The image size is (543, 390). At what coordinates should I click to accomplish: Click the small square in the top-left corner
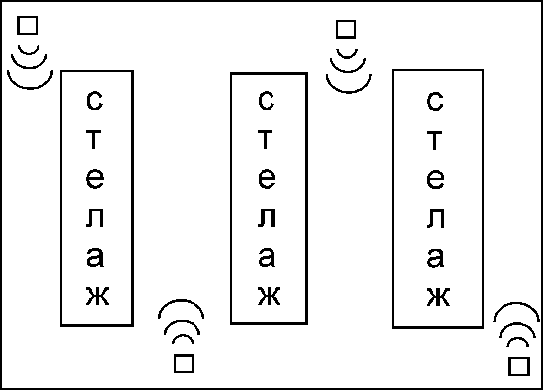(27, 26)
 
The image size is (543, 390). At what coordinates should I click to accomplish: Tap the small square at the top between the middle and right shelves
(346, 29)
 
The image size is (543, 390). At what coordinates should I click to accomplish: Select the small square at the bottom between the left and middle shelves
(184, 363)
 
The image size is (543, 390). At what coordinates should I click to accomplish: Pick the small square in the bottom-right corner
(519, 366)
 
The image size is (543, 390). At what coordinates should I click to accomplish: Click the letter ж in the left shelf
(98, 296)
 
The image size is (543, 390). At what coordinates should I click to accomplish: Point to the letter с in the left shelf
(94, 101)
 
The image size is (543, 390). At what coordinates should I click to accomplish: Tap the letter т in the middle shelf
(266, 140)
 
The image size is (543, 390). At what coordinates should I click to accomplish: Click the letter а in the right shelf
(435, 257)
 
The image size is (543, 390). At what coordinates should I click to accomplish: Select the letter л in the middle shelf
(267, 218)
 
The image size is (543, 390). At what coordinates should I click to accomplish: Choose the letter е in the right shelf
(435, 179)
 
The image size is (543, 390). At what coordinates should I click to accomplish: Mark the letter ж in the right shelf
(438, 297)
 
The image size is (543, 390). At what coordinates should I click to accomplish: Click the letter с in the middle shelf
(266, 101)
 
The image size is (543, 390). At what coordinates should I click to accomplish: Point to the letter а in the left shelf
(95, 257)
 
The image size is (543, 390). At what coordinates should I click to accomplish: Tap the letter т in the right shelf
(435, 140)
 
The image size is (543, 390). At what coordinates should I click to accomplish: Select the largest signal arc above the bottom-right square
(516, 304)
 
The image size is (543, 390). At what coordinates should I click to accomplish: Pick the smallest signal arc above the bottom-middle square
(183, 336)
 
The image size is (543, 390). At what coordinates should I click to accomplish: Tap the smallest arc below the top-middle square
(347, 57)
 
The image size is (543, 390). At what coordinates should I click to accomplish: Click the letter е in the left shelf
(95, 179)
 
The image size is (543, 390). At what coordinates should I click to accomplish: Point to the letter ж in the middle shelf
(270, 296)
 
